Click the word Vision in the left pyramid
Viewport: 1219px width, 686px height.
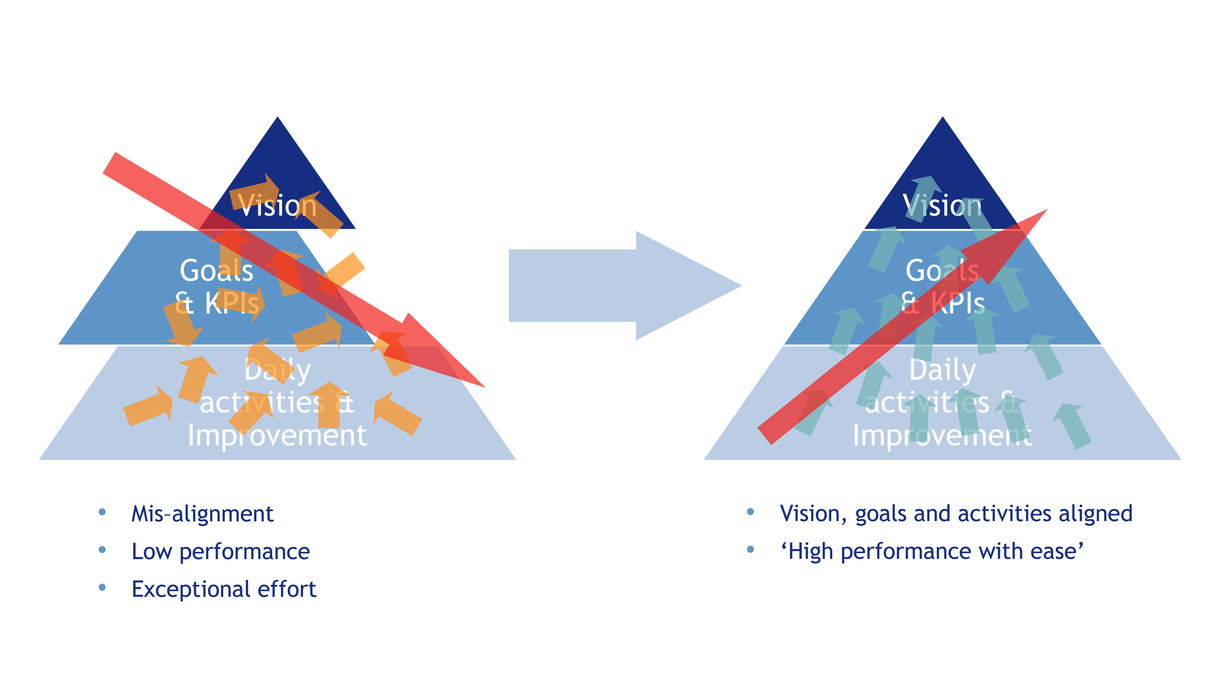(x=277, y=205)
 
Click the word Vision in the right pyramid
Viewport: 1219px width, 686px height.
(x=942, y=205)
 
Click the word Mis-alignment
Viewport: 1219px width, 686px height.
(x=202, y=514)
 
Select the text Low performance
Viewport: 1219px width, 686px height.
(x=220, y=551)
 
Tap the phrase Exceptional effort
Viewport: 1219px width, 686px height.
(x=224, y=589)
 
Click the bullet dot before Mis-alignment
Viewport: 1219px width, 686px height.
(x=102, y=512)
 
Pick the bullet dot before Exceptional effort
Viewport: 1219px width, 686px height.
(x=102, y=587)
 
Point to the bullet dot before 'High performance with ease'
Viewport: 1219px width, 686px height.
(x=750, y=549)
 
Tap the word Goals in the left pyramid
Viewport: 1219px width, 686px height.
(x=216, y=270)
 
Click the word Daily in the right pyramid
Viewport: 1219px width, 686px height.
(x=943, y=370)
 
